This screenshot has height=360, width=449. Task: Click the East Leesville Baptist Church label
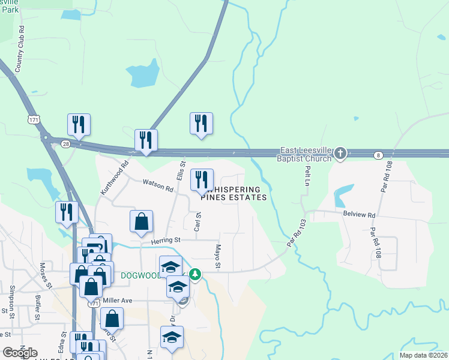click(307, 154)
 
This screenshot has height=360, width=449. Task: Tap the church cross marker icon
click(340, 154)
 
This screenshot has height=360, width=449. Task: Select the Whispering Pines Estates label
click(234, 193)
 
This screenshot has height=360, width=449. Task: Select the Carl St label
click(197, 221)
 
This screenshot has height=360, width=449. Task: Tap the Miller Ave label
click(127, 301)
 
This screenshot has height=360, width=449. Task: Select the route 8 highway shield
click(378, 155)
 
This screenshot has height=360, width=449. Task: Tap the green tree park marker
click(194, 274)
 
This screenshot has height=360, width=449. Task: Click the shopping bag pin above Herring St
click(141, 221)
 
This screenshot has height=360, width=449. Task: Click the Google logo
click(20, 353)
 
